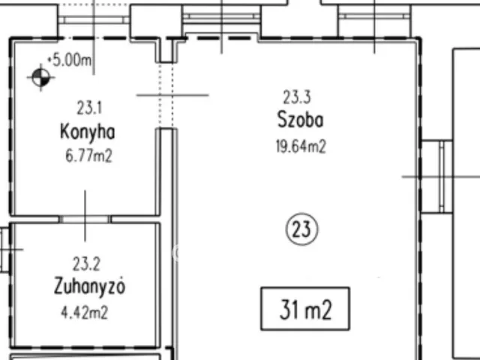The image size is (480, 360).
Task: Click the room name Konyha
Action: [88, 133]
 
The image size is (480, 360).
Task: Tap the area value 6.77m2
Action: [88, 156]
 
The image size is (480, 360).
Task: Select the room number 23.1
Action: [88, 108]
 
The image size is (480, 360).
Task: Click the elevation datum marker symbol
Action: [40, 76]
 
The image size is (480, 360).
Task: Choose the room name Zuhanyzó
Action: [89, 286]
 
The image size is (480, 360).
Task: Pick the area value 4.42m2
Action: [88, 312]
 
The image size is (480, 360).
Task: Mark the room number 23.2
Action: [86, 263]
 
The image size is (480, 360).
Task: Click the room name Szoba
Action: [301, 120]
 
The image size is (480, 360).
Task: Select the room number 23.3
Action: [297, 97]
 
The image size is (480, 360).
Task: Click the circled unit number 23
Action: [302, 229]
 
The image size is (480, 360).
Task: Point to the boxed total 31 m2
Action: [304, 309]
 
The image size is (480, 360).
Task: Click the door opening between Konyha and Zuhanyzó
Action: [85, 219]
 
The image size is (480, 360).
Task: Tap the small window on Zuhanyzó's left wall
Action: [5, 249]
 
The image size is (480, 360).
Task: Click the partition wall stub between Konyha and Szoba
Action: [167, 172]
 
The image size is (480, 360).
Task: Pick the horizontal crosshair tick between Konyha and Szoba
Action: [172, 95]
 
